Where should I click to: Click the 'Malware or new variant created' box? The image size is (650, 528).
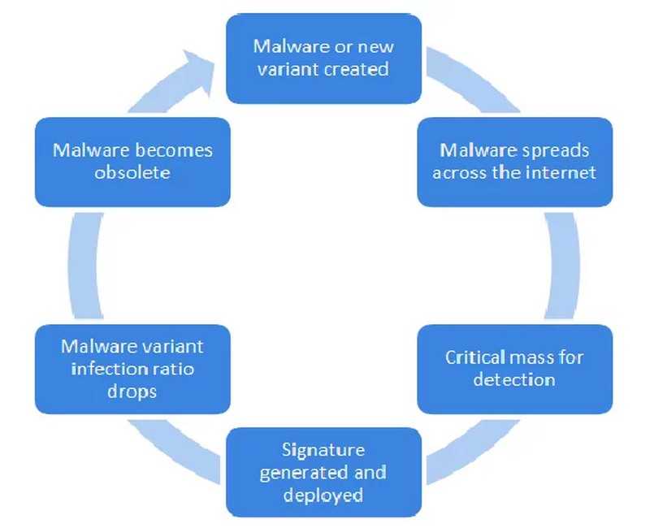(323, 58)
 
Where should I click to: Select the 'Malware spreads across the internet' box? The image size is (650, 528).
(514, 161)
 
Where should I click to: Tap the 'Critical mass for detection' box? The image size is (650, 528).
(514, 368)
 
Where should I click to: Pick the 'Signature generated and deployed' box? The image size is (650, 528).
(323, 472)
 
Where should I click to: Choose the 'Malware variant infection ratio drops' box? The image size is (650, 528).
(132, 368)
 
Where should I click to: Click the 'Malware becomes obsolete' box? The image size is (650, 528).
(132, 161)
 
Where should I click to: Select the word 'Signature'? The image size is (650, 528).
(323, 450)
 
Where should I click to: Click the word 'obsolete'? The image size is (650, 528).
(132, 172)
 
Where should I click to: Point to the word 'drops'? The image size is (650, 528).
(132, 391)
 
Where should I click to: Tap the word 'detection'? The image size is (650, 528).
(514, 379)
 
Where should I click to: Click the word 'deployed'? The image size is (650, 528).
(323, 495)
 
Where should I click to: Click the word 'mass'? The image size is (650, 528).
(530, 357)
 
